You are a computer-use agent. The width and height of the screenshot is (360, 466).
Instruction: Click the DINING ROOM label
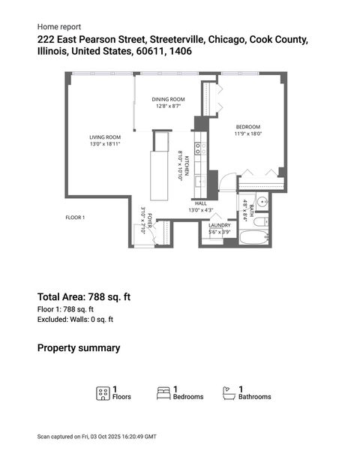click(169, 99)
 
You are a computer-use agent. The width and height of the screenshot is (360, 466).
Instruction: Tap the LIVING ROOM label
click(105, 137)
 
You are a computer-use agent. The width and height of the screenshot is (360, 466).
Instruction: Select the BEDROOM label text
click(248, 126)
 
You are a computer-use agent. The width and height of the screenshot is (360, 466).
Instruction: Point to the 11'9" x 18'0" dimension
click(248, 133)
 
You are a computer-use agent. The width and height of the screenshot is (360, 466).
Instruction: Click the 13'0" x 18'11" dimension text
click(105, 143)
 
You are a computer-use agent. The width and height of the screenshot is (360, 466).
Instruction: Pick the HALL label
click(200, 203)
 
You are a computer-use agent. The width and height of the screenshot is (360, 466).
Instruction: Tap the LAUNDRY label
click(220, 225)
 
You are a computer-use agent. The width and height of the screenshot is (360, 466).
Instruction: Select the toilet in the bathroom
click(260, 222)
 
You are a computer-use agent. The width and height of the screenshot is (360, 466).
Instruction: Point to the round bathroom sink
click(261, 201)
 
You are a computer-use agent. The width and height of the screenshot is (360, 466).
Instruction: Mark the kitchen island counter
click(160, 176)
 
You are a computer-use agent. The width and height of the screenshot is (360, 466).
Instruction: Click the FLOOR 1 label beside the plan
click(76, 218)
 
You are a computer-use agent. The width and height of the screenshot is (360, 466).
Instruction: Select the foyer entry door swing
click(152, 239)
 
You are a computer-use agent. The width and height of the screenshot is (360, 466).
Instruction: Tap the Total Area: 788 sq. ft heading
click(84, 296)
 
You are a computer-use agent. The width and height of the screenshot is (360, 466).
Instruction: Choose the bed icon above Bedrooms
click(163, 392)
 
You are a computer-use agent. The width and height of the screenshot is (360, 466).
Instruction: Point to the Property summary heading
click(79, 348)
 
